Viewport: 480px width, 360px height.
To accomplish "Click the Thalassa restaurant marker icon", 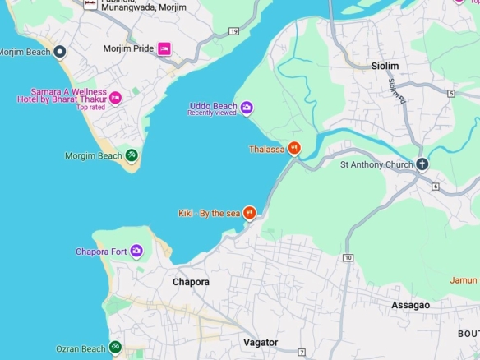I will (293, 149).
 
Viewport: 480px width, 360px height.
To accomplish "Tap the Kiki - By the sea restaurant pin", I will (249, 213).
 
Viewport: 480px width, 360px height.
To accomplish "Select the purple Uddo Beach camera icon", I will (247, 107).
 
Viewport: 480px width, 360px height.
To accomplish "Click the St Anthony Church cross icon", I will (422, 164).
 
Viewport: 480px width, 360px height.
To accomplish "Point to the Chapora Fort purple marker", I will (136, 251).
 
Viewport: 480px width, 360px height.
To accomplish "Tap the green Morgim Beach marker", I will (132, 155).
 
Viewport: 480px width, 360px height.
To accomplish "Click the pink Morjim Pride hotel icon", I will (164, 48).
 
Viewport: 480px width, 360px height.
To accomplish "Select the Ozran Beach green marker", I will (115, 348).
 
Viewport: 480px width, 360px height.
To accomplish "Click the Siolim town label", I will (385, 66).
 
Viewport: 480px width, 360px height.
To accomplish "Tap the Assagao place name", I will (410, 305).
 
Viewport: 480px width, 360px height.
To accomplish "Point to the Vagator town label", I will (261, 342).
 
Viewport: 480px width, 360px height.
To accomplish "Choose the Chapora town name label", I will (191, 282).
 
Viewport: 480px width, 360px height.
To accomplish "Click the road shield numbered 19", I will (234, 31).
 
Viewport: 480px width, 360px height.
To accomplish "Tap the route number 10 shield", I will (348, 258).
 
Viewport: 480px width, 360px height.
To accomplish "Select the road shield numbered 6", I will (435, 187).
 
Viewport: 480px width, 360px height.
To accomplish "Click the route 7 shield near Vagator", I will (302, 353).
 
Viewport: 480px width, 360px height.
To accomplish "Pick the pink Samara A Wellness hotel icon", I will (115, 98).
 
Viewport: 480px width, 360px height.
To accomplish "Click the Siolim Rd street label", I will (398, 90).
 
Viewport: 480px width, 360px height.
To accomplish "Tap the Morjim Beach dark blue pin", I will (59, 52).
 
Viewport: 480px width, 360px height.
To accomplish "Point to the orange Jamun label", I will (464, 280).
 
